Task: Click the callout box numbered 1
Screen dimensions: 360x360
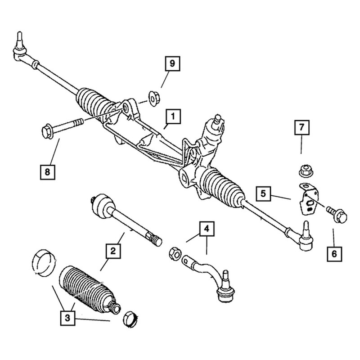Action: click(x=173, y=117)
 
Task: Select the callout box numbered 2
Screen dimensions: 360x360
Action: click(x=113, y=250)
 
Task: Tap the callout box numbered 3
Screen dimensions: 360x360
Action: click(x=68, y=319)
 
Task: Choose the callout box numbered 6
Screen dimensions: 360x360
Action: click(x=334, y=254)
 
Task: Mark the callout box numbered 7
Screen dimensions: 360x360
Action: click(x=302, y=128)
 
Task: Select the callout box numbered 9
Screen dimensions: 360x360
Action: click(x=171, y=65)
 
